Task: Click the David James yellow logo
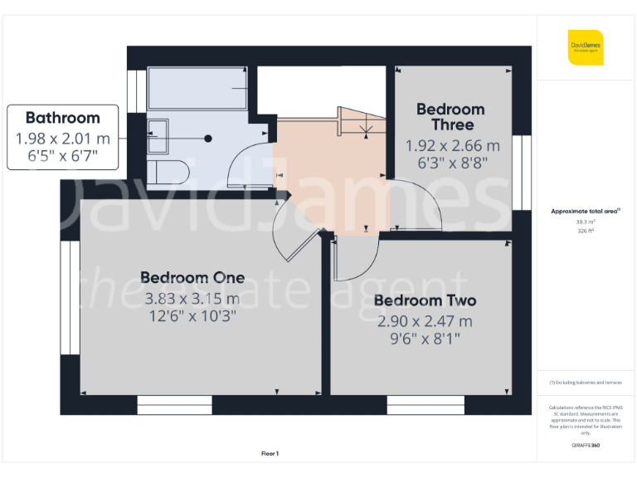coord(586,47)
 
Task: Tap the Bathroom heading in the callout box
coord(62,118)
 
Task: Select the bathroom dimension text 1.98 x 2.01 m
coord(62,137)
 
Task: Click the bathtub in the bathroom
coord(197,88)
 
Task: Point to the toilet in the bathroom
coord(169,172)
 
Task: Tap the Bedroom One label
coord(192,277)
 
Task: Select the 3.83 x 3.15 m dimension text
coord(192,298)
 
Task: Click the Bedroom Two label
coord(425,300)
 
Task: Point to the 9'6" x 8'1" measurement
coord(425,339)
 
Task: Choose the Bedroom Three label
coord(450,116)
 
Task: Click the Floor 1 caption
coord(270,453)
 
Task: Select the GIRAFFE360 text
coord(586,446)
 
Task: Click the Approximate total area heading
coord(586,211)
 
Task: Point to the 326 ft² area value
coord(586,231)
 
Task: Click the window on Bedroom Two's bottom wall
coord(425,405)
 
